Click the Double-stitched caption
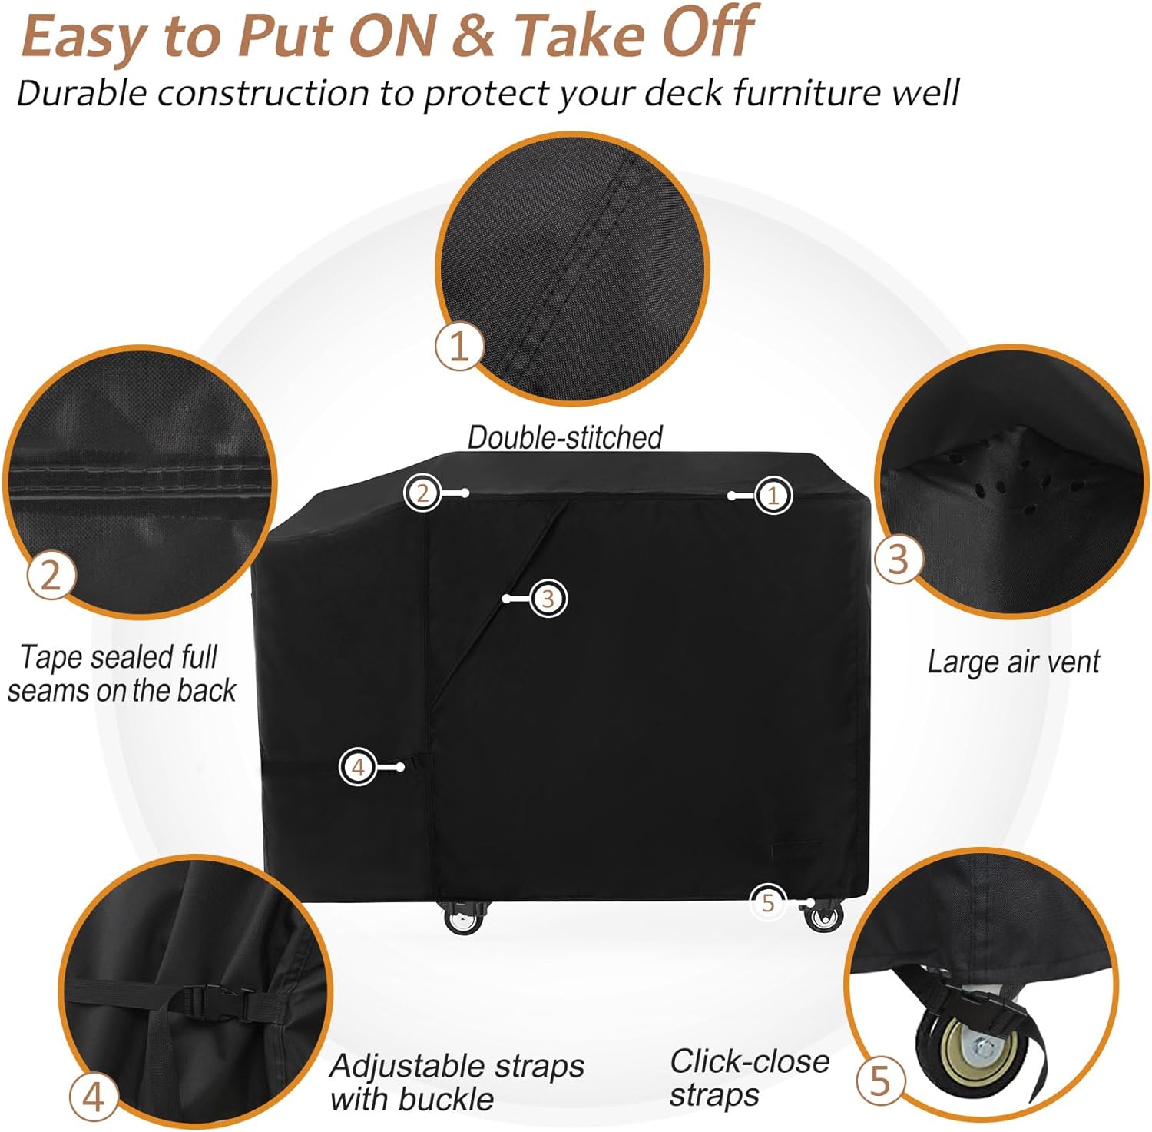click(x=565, y=437)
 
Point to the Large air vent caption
click(x=1013, y=662)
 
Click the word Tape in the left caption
click(x=48, y=658)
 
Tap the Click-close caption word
click(x=750, y=1061)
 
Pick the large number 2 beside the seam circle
click(x=51, y=574)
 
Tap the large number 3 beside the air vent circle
click(x=898, y=559)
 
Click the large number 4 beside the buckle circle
click(x=93, y=1097)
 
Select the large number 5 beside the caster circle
click(x=879, y=1081)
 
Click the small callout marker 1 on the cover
click(x=773, y=496)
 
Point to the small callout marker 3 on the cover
click(x=548, y=599)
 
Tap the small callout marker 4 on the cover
click(x=358, y=766)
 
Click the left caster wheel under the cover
click(x=463, y=919)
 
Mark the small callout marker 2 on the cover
click(x=422, y=493)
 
